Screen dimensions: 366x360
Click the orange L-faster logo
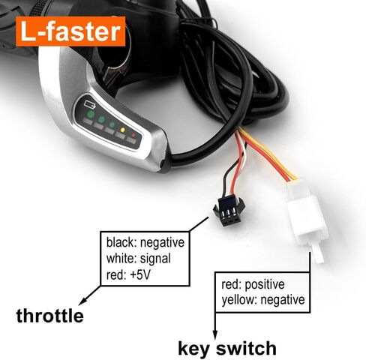tap(70, 31)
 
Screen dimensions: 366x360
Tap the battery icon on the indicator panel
tap(90, 104)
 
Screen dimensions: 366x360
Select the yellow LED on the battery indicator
tap(122, 130)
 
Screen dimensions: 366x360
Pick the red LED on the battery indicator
tap(133, 135)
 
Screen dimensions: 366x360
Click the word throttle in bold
tap(50, 316)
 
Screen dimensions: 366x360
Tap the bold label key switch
tap(227, 348)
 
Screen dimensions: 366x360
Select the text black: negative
tap(145, 242)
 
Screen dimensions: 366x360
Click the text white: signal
tap(139, 259)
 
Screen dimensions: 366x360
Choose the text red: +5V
tap(128, 274)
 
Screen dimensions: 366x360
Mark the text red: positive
tap(253, 284)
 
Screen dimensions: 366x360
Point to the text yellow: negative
tap(263, 299)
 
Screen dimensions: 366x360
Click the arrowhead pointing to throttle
tap(82, 301)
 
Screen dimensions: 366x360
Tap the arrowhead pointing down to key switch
tap(215, 335)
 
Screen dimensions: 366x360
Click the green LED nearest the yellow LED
tap(112, 124)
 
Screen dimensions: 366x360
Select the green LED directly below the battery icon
tap(91, 115)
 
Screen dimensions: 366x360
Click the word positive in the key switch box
tap(265, 285)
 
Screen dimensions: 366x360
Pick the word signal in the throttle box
tap(155, 259)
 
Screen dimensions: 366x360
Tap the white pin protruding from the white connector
tap(317, 253)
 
